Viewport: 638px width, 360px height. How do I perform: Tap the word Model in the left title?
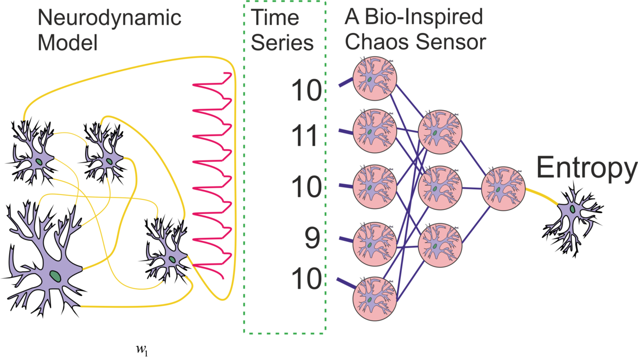tap(66, 42)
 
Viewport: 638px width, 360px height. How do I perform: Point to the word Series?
tap(282, 43)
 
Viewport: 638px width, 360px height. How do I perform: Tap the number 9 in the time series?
tap(313, 239)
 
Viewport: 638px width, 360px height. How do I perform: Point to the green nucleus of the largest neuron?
tap(55, 275)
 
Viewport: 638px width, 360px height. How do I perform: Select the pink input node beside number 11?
tap(375, 130)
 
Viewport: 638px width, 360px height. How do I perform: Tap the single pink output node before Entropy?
tap(502, 187)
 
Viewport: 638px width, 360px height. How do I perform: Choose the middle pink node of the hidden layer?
tap(440, 187)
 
